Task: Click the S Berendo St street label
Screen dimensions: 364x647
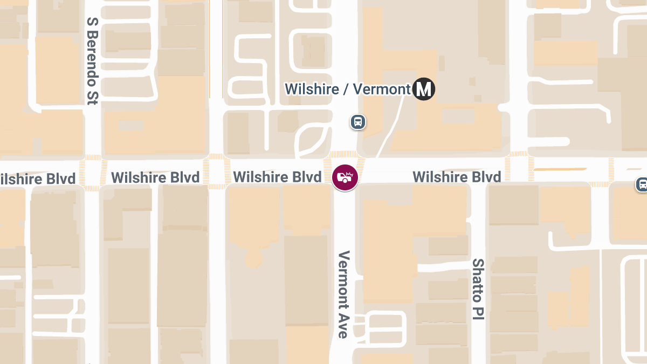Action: tap(92, 60)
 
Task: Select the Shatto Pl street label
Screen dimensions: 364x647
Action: tap(478, 289)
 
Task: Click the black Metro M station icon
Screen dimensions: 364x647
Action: tap(424, 89)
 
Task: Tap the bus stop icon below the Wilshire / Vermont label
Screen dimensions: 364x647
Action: tap(358, 122)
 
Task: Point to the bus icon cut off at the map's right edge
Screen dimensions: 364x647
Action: tap(642, 184)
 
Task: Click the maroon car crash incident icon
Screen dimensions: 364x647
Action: tap(345, 177)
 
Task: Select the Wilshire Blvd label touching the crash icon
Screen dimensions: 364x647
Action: tap(277, 177)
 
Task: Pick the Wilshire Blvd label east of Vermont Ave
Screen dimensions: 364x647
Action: tap(457, 177)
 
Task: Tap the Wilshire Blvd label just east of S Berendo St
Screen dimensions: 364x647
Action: tap(155, 177)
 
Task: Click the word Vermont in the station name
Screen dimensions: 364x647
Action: tap(383, 89)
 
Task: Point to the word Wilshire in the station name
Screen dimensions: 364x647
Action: tap(312, 89)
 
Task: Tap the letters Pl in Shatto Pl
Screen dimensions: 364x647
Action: tap(478, 313)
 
